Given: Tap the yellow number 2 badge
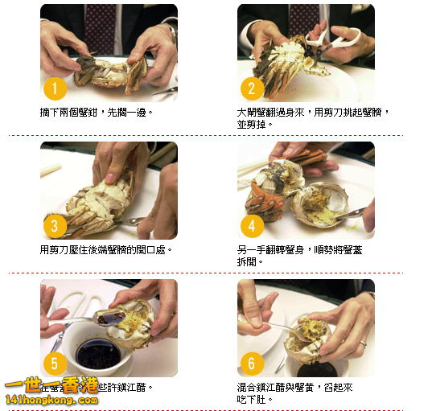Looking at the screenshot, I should (x=252, y=88).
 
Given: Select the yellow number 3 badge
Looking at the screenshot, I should (x=55, y=226).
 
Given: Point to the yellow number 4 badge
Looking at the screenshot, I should (x=252, y=226).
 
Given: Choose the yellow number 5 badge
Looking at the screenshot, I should (x=55, y=364).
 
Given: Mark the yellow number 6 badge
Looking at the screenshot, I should (x=252, y=364).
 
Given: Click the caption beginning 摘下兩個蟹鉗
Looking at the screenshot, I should (x=96, y=113).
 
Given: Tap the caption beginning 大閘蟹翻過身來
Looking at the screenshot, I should (x=308, y=118).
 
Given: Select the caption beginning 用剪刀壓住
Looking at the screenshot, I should (x=106, y=250).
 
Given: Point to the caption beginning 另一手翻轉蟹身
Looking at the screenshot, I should (x=301, y=256).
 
